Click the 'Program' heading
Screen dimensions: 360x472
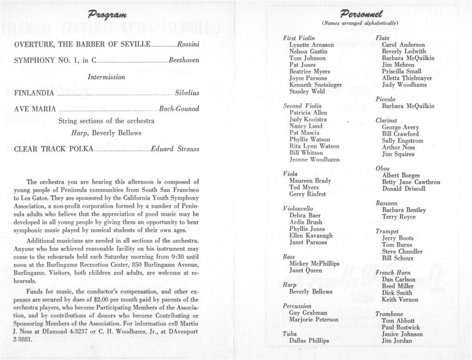[107, 14]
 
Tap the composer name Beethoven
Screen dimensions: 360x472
[184, 60]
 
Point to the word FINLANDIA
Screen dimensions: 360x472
[34, 93]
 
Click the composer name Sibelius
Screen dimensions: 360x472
[187, 93]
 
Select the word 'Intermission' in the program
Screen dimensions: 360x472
[106, 77]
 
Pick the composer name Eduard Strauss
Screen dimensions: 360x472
[175, 149]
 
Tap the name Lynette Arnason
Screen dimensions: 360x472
[312, 45]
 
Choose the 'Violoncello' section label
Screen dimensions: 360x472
[298, 208]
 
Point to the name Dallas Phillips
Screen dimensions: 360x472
[309, 341]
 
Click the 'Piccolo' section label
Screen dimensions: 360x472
[385, 99]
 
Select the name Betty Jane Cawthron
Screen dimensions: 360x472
[411, 182]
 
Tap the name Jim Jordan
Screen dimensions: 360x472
[397, 341]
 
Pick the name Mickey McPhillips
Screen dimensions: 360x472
[314, 264]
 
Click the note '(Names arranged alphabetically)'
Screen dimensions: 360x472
[360, 23]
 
